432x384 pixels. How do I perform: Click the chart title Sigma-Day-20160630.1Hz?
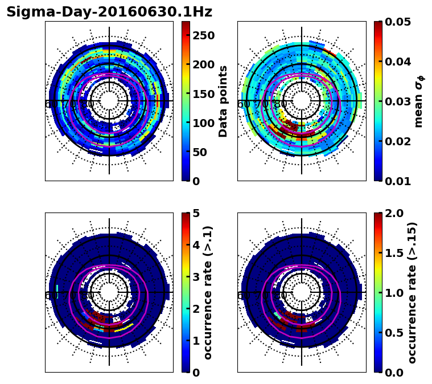click(109, 12)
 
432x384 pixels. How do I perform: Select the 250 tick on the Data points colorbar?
click(203, 35)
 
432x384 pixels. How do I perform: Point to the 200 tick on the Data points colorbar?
click(203, 64)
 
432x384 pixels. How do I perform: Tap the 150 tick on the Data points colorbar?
click(203, 94)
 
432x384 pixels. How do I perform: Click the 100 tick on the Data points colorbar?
click(203, 123)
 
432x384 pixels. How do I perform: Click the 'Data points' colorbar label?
click(223, 101)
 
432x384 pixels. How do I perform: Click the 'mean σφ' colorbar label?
click(419, 101)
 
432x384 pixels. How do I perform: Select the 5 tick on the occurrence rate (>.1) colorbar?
click(195, 213)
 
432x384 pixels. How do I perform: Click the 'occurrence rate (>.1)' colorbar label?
click(208, 292)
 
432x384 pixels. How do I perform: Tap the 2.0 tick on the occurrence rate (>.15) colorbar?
click(393, 213)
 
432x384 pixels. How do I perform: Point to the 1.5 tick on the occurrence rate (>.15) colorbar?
click(393, 253)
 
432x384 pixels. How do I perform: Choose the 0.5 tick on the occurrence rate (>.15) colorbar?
click(393, 333)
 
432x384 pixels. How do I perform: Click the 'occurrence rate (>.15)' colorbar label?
click(412, 292)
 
